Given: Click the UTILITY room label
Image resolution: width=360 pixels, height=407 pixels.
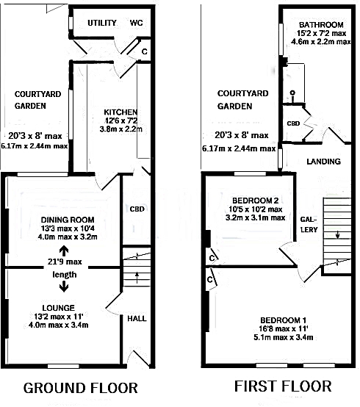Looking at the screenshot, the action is (101, 23).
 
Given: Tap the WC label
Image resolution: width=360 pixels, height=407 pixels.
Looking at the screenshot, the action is (136, 23).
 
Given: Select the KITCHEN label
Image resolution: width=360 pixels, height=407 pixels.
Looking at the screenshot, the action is (120, 112).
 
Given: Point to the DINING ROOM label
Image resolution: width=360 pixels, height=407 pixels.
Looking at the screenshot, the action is (68, 220).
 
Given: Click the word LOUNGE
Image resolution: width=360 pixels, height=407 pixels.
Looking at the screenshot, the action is (58, 308).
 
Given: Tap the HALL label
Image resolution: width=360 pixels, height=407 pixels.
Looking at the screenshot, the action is (137, 319).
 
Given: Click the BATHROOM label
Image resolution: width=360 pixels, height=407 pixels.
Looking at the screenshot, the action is (321, 25).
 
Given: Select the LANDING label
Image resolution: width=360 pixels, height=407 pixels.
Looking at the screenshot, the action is (324, 162).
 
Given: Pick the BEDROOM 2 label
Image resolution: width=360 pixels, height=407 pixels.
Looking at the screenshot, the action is (256, 201).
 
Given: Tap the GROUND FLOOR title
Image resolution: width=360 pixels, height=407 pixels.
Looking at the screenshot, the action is (81, 388).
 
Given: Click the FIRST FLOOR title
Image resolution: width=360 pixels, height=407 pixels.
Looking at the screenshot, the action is (283, 386).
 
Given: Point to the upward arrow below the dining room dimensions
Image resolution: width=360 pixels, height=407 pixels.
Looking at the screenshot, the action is (64, 251).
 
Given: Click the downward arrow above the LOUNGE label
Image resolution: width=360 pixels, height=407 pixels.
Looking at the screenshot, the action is (64, 287).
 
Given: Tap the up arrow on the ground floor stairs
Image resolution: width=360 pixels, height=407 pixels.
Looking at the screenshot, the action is (137, 278).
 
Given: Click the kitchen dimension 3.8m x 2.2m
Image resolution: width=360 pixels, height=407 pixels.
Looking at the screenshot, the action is (121, 129).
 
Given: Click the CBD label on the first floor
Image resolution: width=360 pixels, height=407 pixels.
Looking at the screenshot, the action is (293, 123).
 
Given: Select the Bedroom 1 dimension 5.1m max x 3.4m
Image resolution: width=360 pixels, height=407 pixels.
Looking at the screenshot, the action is (283, 337).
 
